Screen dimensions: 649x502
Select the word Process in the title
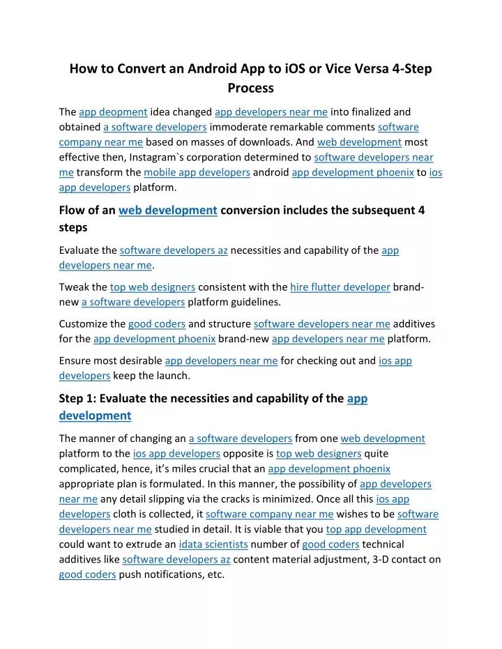[250, 89]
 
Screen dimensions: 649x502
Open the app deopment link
[113, 112]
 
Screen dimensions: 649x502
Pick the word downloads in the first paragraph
[277, 142]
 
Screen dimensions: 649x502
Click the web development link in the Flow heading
[168, 211]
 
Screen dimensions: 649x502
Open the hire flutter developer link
[340, 287]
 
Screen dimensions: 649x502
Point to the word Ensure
[75, 361]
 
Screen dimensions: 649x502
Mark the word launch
[174, 376]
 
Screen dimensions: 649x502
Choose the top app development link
[376, 529]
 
